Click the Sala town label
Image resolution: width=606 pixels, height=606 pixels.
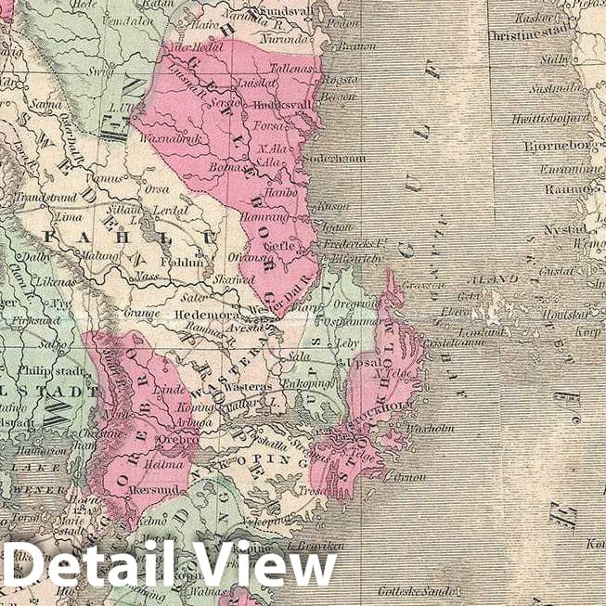[297, 355]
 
